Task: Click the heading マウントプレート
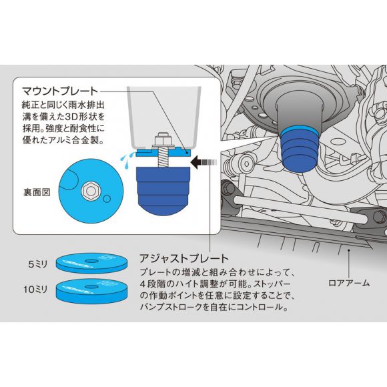tap(60, 91)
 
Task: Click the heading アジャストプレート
tap(184, 258)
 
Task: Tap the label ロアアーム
tap(349, 283)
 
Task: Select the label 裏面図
tap(37, 192)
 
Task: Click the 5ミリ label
tap(37, 264)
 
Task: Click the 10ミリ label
tap(35, 290)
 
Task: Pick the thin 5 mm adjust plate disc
tap(92, 263)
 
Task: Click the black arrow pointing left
tap(204, 162)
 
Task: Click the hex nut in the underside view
tap(91, 191)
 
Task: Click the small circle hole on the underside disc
tap(107, 199)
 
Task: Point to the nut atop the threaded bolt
tap(163, 139)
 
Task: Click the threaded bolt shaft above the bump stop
tap(163, 157)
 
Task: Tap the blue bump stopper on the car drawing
tap(300, 149)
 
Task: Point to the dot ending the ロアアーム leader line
tap(349, 250)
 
